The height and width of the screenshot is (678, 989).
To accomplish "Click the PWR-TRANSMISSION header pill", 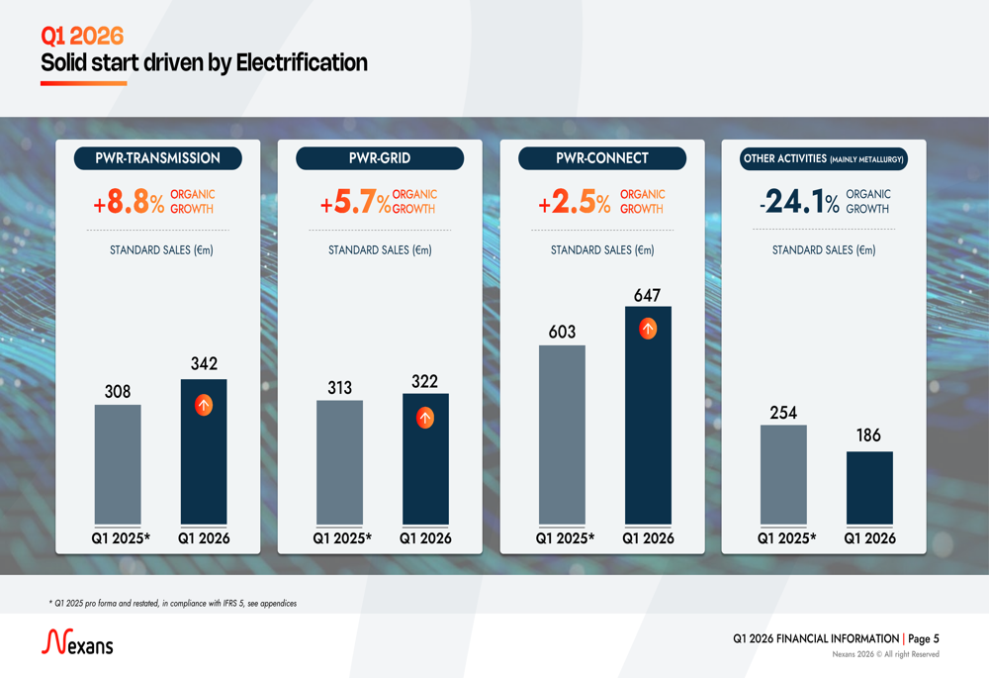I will [157, 158].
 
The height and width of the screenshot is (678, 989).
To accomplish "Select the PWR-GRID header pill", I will [380, 158].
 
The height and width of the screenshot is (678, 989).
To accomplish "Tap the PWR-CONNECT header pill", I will [602, 158].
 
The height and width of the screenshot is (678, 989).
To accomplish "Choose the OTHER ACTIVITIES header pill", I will [824, 158].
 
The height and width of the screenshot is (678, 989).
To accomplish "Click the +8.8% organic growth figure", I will [129, 203].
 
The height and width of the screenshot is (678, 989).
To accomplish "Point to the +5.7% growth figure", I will [354, 203].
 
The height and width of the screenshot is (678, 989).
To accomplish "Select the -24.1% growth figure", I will [799, 203].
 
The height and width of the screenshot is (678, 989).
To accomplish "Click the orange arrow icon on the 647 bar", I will [648, 329].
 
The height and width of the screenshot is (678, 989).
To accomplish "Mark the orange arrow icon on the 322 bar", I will [425, 418].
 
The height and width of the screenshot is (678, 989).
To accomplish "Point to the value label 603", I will [562, 332].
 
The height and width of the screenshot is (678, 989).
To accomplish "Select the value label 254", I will [783, 413].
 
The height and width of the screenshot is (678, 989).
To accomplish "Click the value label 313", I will [339, 388].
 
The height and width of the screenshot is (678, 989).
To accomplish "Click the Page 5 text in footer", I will [923, 639].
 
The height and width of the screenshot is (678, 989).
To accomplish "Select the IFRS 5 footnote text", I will [173, 603].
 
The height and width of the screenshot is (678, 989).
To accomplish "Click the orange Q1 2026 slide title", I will [82, 37].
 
